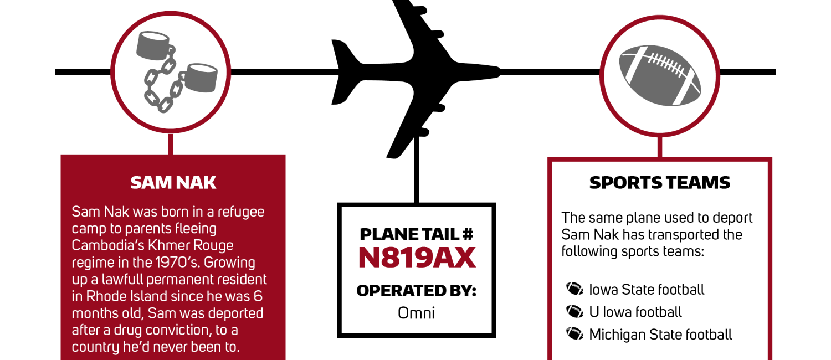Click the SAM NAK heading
tap(173, 183)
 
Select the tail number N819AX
tap(417, 258)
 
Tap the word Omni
tap(416, 313)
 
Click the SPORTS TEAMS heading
tap(660, 183)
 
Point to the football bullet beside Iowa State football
tap(574, 289)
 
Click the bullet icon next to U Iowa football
tap(574, 311)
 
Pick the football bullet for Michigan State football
tap(574, 333)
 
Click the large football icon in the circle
tap(660, 76)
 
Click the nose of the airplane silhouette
tap(499, 71)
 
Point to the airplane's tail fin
tap(343, 71)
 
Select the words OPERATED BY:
tap(417, 291)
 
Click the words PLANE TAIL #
tap(417, 234)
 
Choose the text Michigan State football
tap(661, 335)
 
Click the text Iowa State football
tap(647, 289)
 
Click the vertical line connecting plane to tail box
tap(417, 170)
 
